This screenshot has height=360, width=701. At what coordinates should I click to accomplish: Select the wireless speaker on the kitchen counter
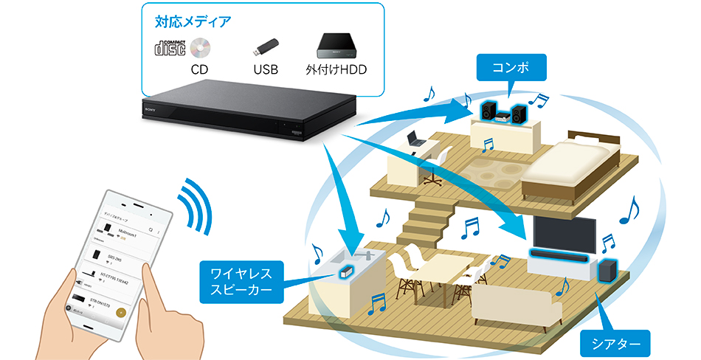[x=345, y=272]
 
